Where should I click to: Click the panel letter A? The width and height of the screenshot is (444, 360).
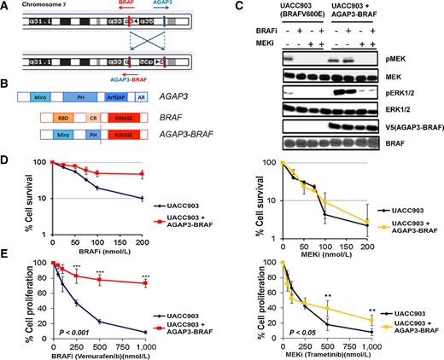pos(7,5)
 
